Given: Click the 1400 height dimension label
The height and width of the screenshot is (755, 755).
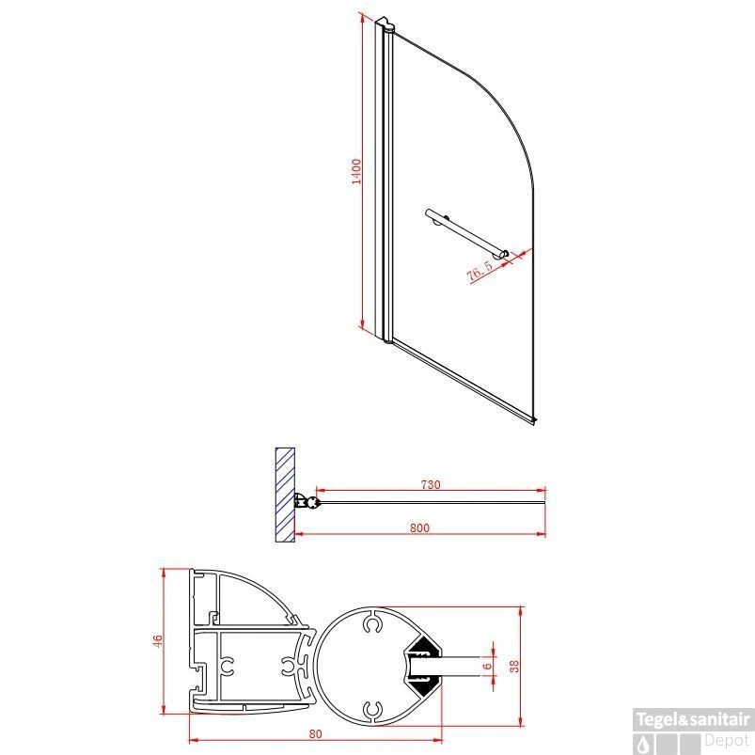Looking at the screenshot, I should (356, 173).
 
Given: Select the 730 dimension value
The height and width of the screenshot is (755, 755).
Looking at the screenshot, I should (431, 485).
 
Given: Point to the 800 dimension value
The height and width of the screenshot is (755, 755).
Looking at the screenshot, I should (419, 528).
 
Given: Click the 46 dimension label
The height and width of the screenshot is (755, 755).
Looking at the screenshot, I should (159, 641).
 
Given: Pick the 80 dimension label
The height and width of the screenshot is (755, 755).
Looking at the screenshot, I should (315, 734).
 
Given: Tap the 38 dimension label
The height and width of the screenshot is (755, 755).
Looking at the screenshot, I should (513, 666).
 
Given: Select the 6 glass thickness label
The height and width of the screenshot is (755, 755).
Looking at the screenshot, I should (486, 666).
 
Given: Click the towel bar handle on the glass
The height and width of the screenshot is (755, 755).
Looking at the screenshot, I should (466, 233).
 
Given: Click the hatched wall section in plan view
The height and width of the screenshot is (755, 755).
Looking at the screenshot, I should (283, 494).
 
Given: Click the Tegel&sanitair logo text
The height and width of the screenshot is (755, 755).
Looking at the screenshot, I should (694, 720).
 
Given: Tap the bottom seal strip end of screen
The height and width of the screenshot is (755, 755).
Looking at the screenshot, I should (533, 420).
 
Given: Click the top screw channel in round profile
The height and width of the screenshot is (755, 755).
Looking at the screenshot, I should (373, 623).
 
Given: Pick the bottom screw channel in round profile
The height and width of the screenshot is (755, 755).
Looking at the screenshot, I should (373, 709).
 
